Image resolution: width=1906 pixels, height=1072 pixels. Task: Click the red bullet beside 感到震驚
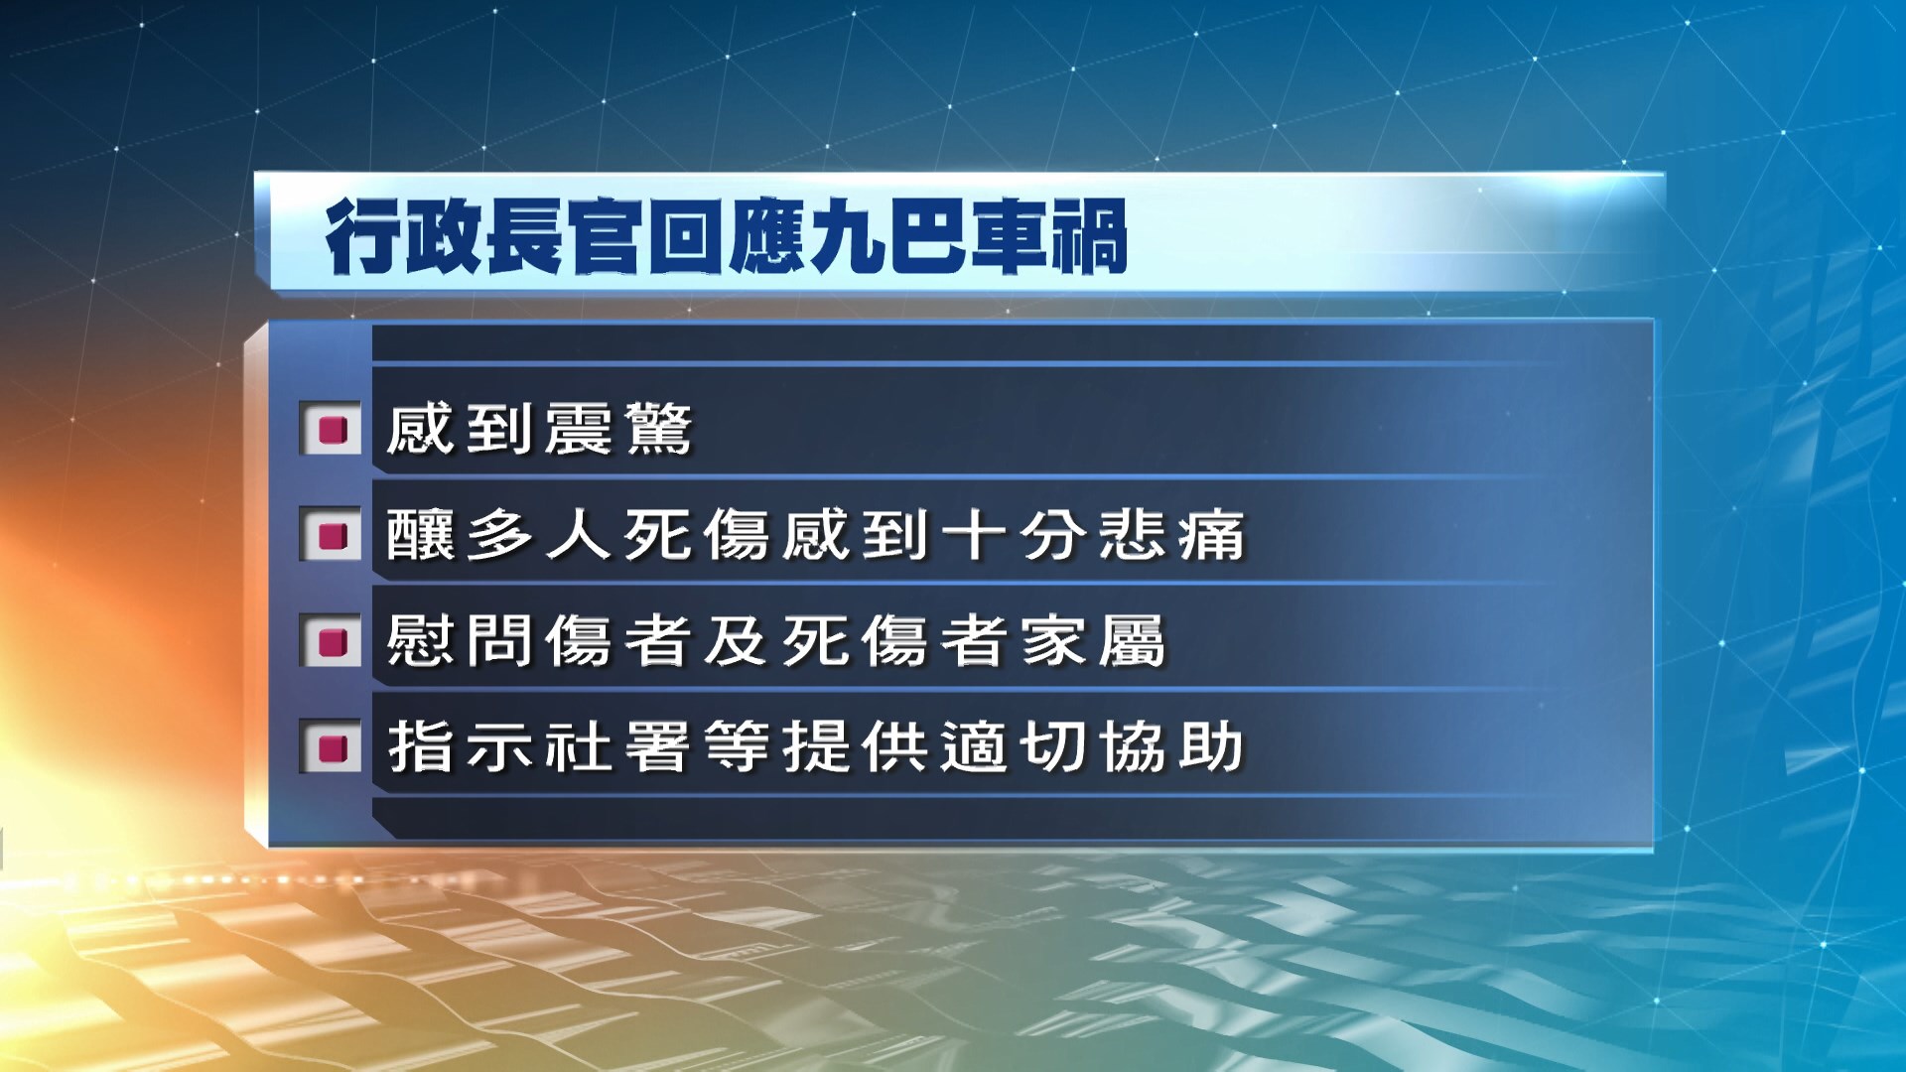[331, 429]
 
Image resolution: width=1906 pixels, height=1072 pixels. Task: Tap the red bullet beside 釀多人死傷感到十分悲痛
[331, 535]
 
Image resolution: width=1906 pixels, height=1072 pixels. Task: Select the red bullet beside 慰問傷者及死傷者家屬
[331, 641]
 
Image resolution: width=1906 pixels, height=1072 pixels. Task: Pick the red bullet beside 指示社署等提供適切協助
[331, 746]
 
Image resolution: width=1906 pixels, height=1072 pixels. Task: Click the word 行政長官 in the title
[485, 236]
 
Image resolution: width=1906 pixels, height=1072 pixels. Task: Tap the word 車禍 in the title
[1048, 236]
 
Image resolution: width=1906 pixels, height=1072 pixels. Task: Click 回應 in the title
[727, 236]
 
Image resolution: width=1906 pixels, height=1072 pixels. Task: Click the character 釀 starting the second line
[419, 535]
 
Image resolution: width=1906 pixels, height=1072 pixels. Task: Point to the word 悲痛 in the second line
[1171, 535]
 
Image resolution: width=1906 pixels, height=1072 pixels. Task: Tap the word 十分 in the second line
[1013, 535]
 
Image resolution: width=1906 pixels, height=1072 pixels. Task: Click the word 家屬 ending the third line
[1092, 641]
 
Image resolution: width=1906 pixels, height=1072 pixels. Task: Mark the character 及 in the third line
[736, 641]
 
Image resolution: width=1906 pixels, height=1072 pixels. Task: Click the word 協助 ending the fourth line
[1171, 746]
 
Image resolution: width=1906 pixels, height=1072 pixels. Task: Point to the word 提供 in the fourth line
[855, 746]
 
